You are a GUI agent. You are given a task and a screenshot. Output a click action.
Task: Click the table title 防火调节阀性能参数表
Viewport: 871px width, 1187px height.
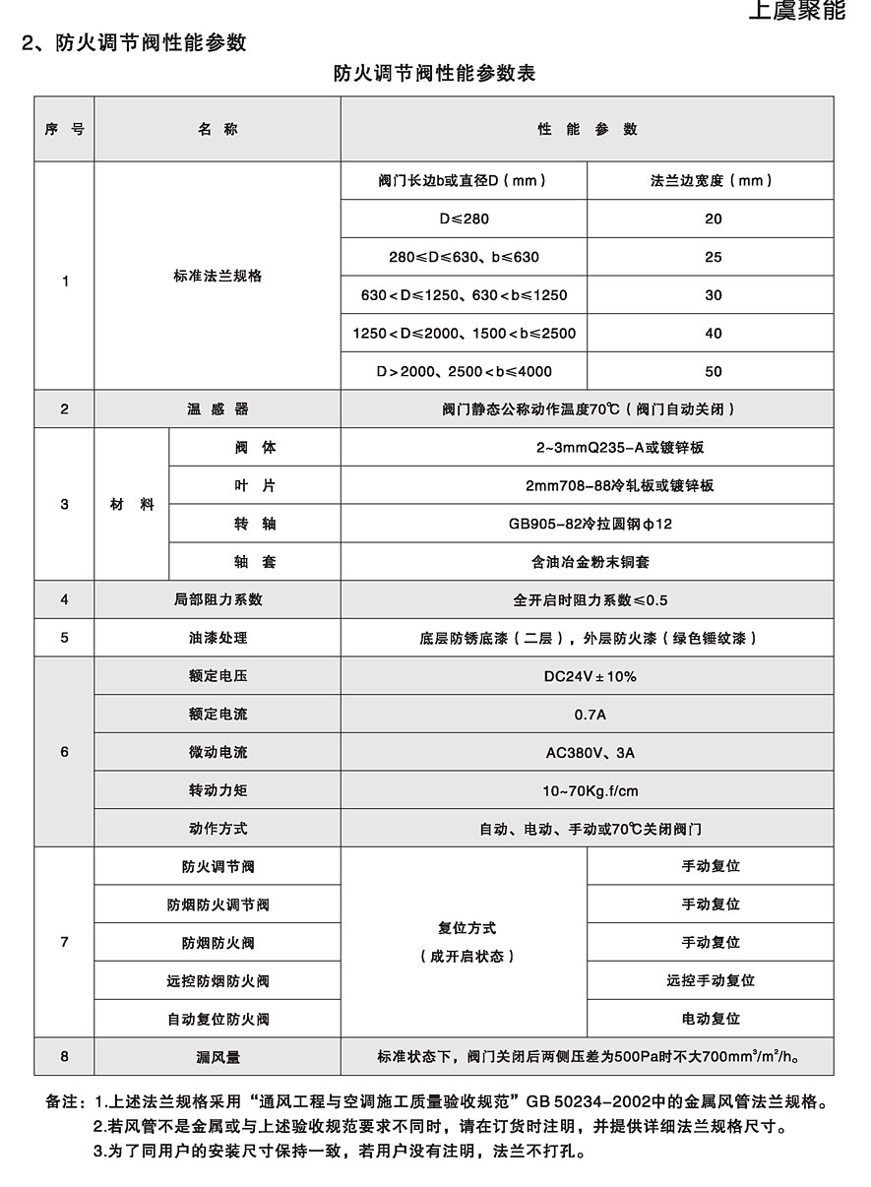(434, 73)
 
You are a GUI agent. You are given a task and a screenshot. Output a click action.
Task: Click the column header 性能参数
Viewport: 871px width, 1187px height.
(588, 129)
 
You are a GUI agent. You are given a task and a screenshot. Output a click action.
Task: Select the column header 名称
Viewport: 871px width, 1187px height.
(218, 129)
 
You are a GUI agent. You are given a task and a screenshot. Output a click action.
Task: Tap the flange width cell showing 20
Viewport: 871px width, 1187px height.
(714, 219)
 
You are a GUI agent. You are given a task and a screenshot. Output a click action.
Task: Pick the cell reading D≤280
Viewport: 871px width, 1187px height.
(464, 219)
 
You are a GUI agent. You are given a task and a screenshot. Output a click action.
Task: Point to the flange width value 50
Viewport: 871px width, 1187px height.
(714, 371)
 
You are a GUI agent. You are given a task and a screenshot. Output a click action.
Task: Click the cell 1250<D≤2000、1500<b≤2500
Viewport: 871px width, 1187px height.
(464, 334)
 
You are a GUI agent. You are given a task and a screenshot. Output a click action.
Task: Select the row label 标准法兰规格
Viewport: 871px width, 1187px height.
(218, 277)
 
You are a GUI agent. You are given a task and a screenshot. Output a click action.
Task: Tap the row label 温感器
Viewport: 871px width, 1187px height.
(218, 408)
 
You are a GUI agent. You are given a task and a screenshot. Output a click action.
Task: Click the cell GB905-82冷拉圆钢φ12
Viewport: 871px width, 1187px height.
(588, 524)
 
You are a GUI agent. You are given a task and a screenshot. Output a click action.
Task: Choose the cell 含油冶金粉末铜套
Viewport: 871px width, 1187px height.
(588, 562)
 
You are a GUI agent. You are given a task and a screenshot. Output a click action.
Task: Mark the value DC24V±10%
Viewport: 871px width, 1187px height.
(588, 676)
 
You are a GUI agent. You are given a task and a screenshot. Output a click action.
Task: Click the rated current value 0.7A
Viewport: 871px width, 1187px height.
(588, 715)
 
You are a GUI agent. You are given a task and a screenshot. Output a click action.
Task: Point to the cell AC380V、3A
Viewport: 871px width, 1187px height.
(588, 753)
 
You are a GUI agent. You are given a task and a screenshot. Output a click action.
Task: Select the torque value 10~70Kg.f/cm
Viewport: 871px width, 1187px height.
(588, 791)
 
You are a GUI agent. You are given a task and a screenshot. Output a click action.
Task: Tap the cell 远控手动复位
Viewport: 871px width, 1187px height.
(711, 980)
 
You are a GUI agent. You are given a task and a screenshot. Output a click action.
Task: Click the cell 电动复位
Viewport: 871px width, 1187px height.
(711, 1019)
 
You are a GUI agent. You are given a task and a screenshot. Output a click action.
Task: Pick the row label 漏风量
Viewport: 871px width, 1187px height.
(218, 1057)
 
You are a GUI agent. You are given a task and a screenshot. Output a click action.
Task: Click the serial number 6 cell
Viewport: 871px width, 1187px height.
(65, 753)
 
